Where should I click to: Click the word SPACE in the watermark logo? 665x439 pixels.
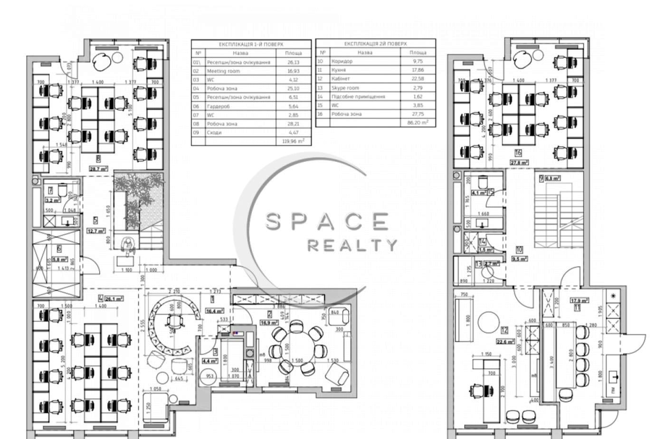(326, 222)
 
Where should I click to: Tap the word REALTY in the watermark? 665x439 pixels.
(352, 245)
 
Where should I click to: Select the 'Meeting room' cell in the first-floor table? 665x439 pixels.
(223, 71)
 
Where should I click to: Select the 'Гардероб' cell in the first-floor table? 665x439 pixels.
(218, 106)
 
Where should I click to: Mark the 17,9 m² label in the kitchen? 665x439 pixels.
(579, 300)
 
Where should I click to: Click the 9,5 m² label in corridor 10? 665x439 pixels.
(520, 260)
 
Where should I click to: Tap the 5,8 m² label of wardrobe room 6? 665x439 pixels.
(61, 260)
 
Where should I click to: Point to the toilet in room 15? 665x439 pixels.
(483, 182)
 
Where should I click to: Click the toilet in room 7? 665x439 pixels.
(62, 190)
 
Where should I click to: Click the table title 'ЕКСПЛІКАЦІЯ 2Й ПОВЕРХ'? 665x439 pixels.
(375, 44)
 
